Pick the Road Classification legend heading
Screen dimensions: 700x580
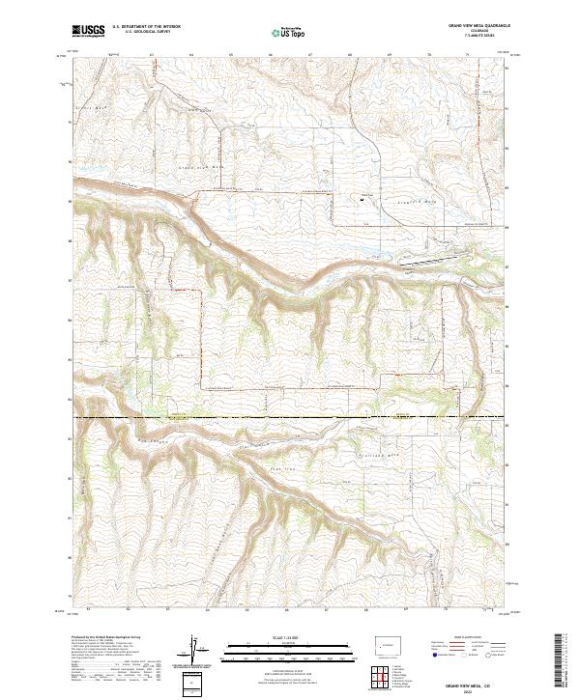click(x=462, y=639)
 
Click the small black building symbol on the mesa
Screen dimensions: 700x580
click(x=362, y=201)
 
